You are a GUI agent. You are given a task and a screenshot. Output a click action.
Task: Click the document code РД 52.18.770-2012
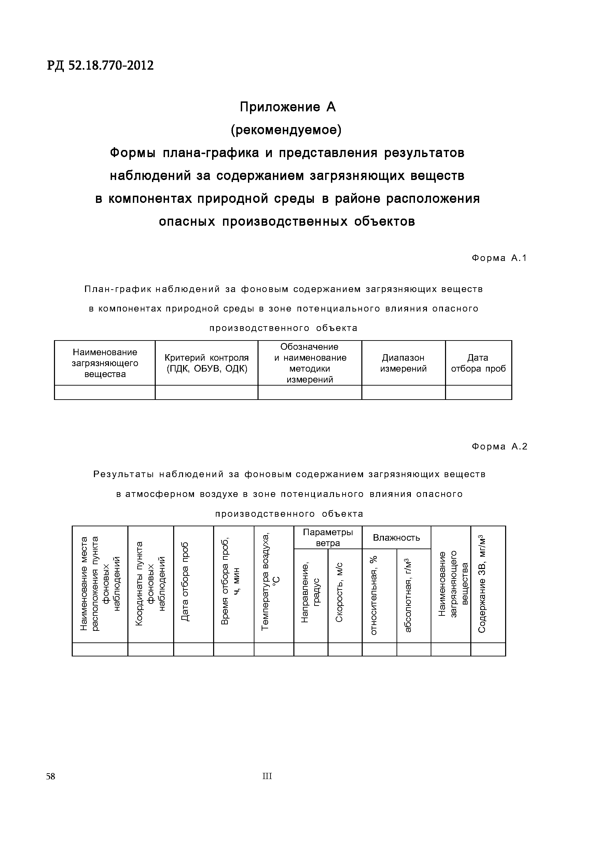point(100,66)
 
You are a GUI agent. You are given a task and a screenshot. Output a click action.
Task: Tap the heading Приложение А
point(288,107)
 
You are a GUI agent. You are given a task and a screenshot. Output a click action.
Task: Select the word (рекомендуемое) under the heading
point(286,130)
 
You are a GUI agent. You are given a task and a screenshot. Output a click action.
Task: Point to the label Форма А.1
point(499,258)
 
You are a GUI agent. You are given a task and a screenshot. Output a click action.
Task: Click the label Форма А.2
point(499,446)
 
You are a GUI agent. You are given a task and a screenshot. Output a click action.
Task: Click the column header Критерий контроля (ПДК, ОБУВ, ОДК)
point(206,363)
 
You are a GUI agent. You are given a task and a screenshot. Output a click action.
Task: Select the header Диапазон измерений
point(403,363)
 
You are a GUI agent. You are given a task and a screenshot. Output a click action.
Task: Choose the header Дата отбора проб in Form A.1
point(478,363)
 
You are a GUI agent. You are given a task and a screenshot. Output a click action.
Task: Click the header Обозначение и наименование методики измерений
point(309,363)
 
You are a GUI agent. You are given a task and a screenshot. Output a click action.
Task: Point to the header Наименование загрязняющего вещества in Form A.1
point(105,363)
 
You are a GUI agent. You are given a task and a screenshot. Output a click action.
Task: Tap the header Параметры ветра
point(328,538)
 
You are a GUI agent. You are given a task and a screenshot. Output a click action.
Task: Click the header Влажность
point(396,538)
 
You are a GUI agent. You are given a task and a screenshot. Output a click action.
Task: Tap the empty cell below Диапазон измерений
point(403,392)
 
